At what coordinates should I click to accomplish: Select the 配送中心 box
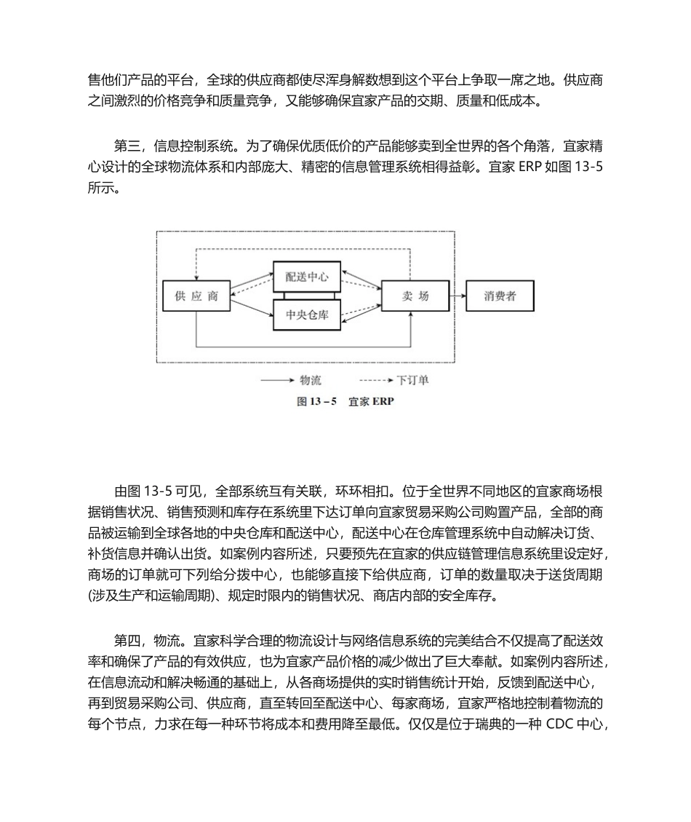[x=307, y=277]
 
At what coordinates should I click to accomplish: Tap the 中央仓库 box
[x=307, y=315]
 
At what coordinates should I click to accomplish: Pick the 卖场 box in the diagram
[x=415, y=296]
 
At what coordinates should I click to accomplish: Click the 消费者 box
[x=500, y=296]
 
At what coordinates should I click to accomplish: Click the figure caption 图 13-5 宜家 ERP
[x=345, y=401]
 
